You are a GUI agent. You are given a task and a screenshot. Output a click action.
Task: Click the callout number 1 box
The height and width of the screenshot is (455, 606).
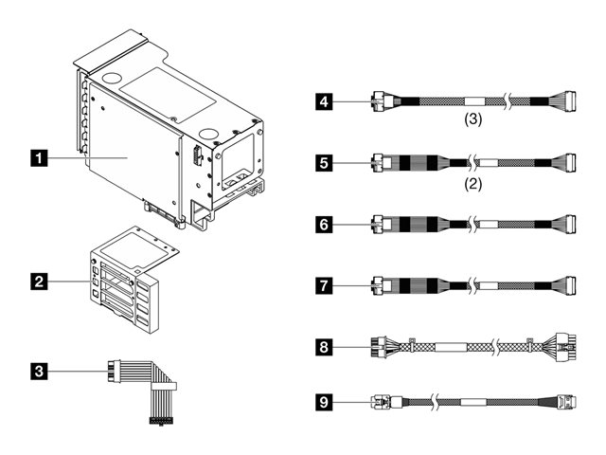pos(39,158)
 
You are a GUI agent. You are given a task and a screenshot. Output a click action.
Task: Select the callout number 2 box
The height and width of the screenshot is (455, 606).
pos(39,281)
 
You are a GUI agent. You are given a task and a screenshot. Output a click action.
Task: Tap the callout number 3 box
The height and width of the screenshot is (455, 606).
pos(39,371)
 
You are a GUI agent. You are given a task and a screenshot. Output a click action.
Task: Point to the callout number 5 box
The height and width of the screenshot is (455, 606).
pos(324,163)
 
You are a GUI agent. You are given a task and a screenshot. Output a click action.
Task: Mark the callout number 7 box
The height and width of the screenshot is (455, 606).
pos(324,283)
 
